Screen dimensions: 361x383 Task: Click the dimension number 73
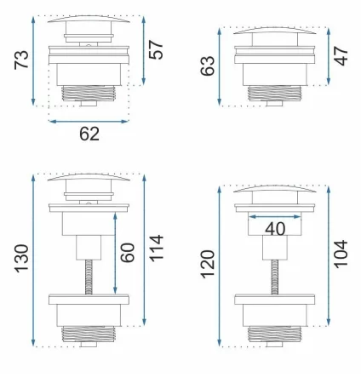(x=21, y=60)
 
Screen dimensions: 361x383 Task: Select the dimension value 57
(x=156, y=49)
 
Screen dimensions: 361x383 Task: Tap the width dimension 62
(x=89, y=134)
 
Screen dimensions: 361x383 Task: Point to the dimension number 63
(x=208, y=66)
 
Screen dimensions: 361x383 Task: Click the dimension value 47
(x=341, y=56)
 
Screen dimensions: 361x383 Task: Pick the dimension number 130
(x=21, y=259)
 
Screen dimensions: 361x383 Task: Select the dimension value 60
(x=128, y=253)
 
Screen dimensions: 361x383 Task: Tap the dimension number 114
(x=156, y=249)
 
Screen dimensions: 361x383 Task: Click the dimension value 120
(x=208, y=265)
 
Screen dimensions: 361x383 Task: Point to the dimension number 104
(x=341, y=254)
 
